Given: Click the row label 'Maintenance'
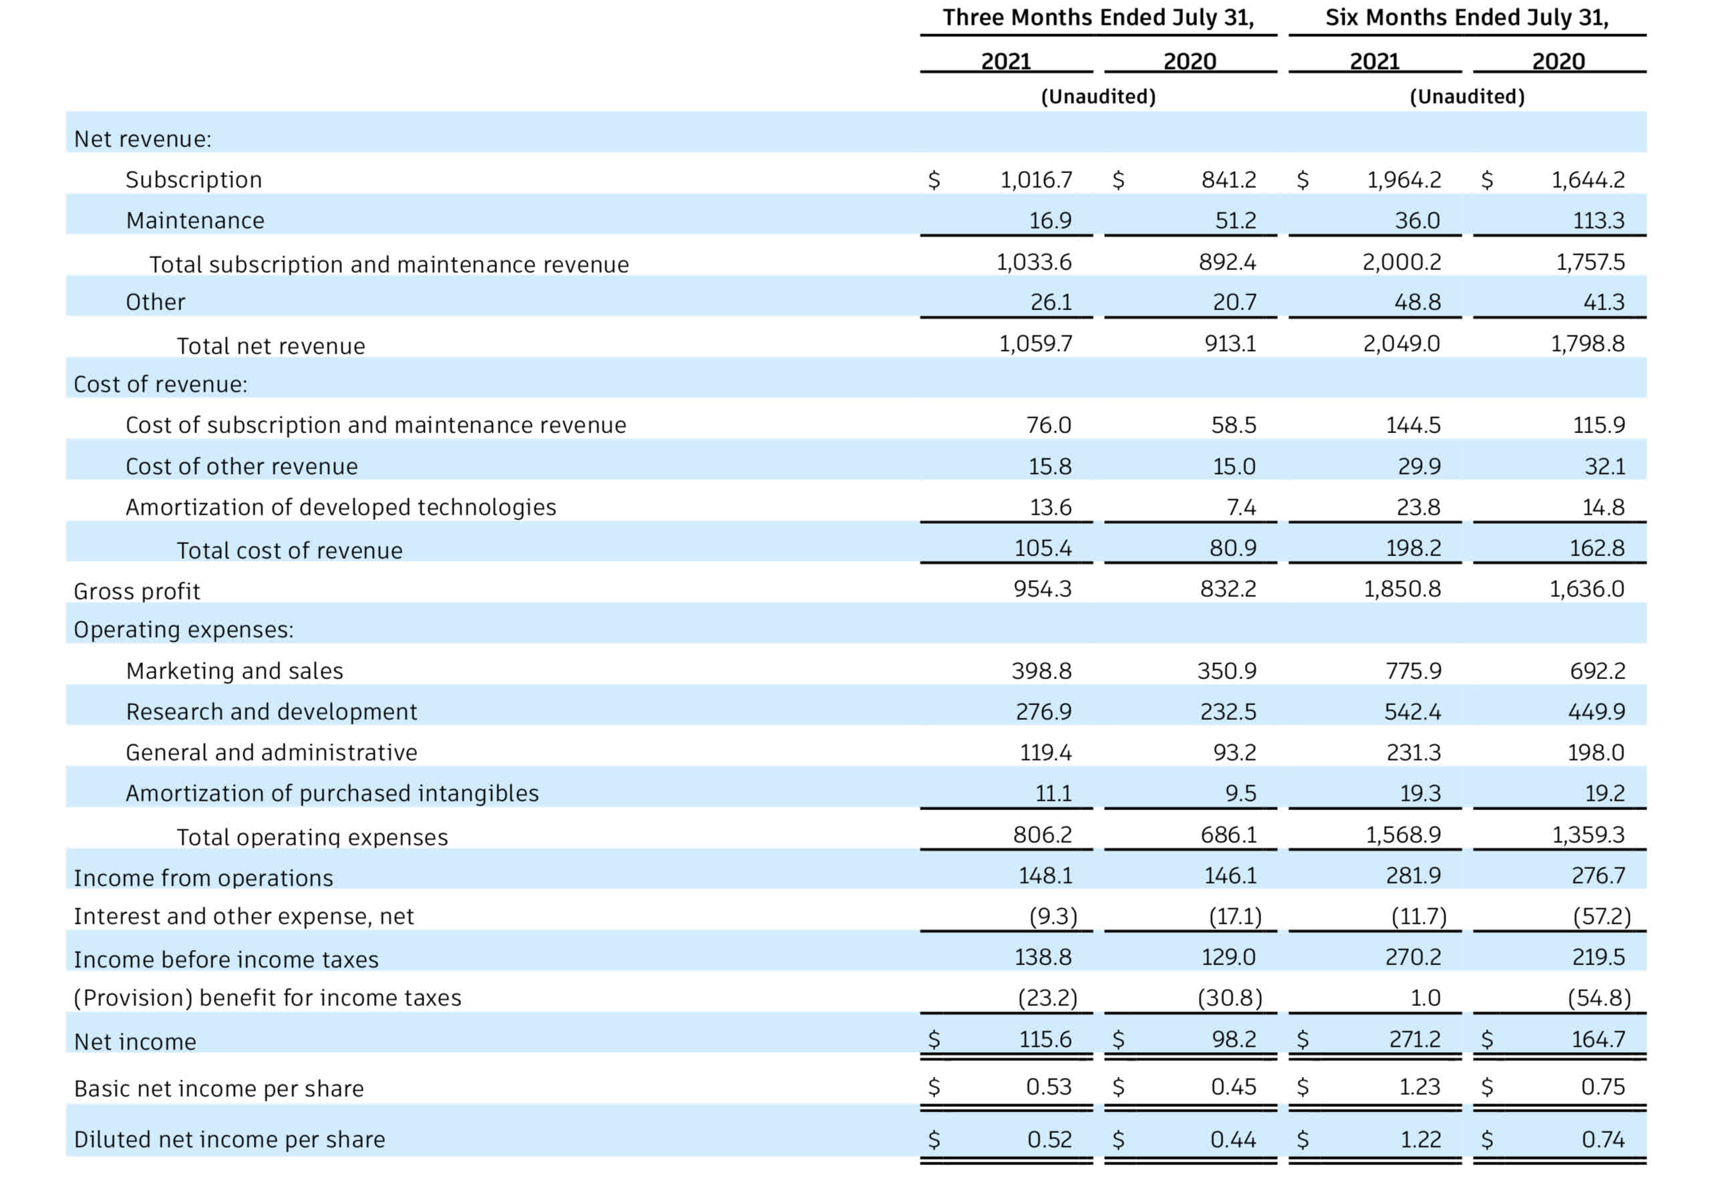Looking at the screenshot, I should pos(195,221).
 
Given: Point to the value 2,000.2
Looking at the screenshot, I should pos(1401,262).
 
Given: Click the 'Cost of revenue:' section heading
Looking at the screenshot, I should pos(160,384).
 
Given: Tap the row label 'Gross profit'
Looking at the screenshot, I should pos(137,591).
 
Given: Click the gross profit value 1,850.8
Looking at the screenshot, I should pos(1401,589).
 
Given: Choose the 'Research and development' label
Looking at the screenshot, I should pos(271,712).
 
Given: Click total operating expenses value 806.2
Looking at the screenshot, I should pos(1041,834).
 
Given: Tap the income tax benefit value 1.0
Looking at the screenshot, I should pos(1425,998).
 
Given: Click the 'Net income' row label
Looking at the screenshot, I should pos(136,1041).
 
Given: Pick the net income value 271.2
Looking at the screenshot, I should pos(1414,1039).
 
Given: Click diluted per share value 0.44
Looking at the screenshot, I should pos(1232,1139).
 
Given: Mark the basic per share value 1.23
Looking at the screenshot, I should pos(1419,1087).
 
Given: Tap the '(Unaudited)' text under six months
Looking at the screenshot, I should pos(1467,96).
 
